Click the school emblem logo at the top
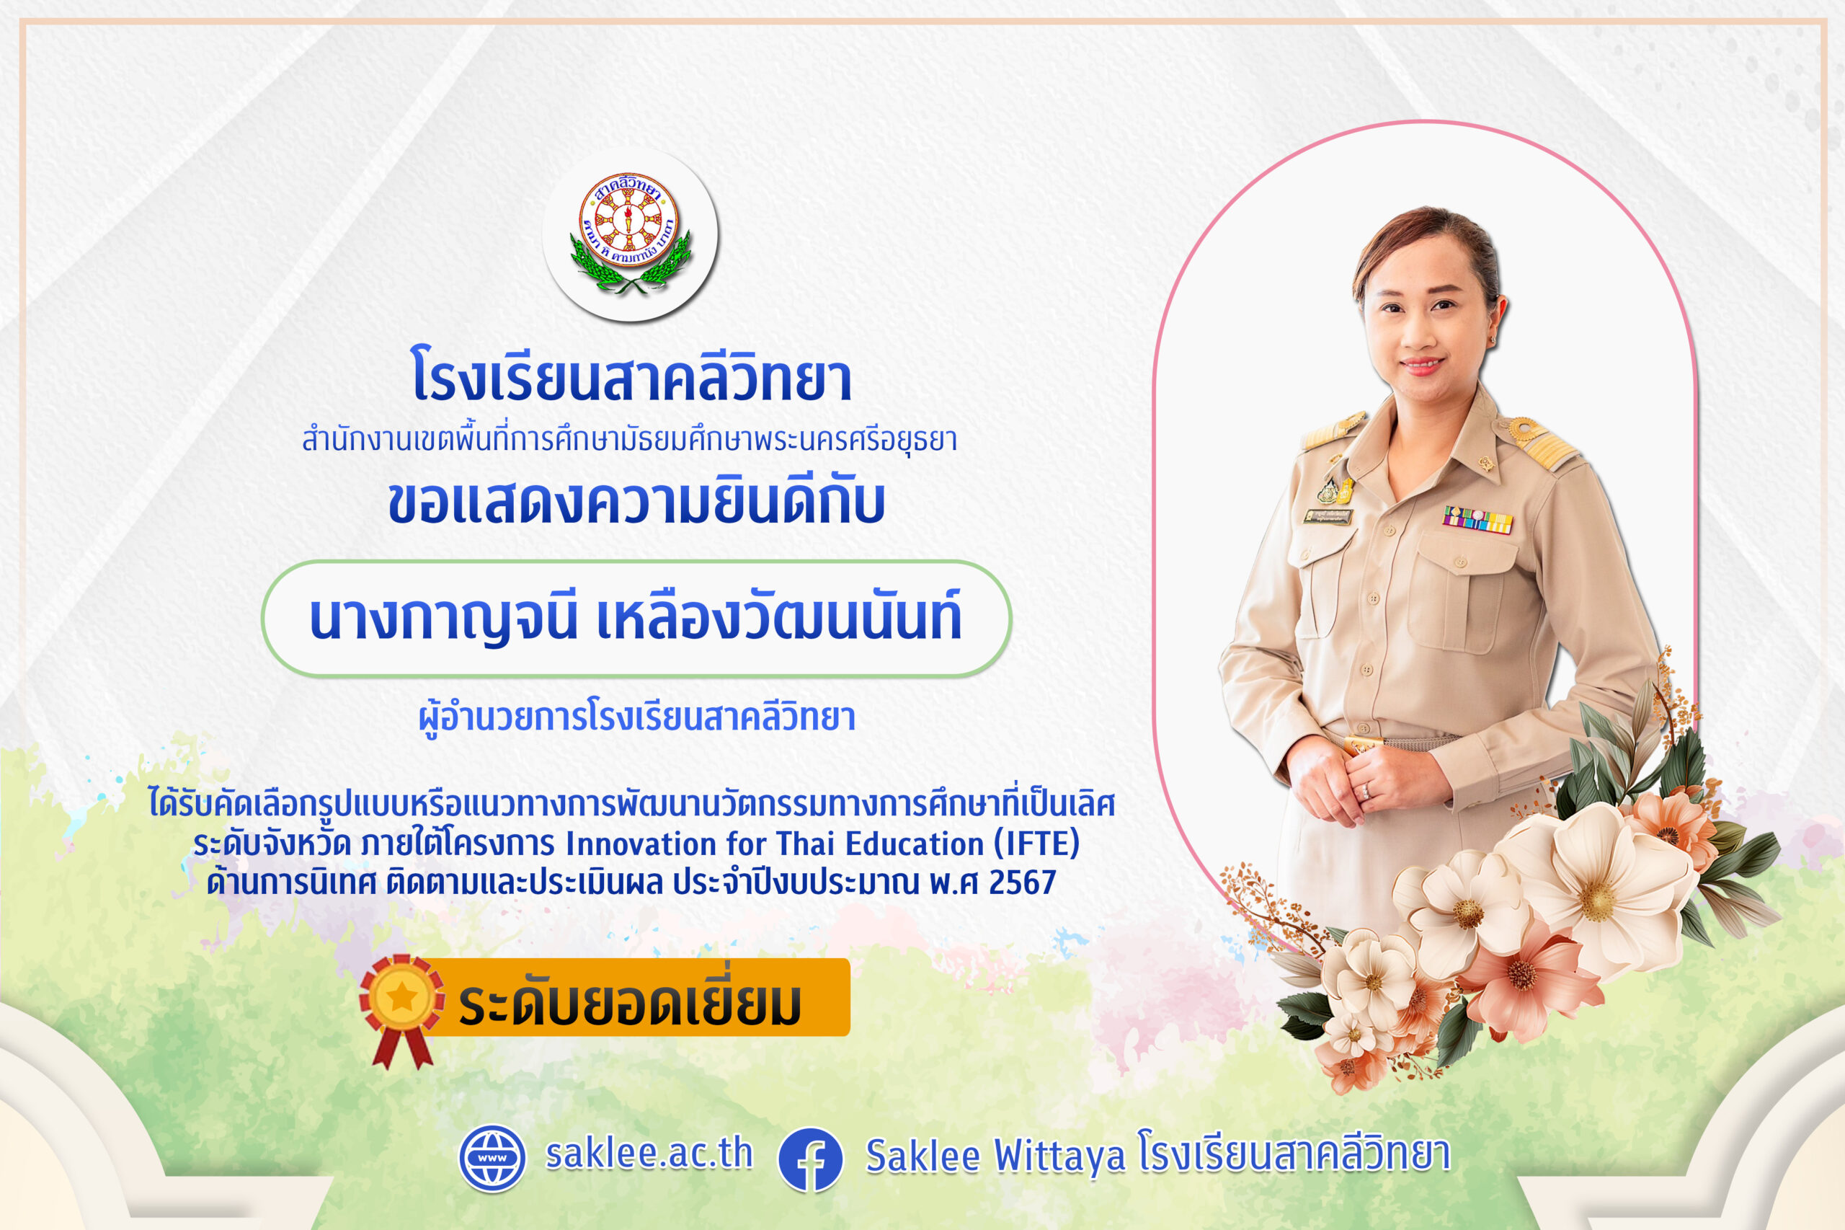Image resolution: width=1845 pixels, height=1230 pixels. [630, 234]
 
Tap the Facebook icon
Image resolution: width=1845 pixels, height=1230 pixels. [810, 1159]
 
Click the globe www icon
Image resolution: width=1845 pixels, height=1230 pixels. [492, 1159]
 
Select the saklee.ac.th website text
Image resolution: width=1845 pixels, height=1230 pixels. [649, 1154]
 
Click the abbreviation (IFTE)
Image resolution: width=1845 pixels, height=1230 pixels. [1036, 844]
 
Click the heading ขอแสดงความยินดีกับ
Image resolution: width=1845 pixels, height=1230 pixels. [636, 502]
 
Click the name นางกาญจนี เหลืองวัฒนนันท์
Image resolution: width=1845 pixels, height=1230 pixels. [635, 618]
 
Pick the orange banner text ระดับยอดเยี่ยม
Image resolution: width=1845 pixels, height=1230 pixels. [630, 1001]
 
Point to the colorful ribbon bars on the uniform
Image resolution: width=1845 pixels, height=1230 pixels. [1477, 519]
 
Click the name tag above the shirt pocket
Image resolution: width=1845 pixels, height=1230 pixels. [1328, 516]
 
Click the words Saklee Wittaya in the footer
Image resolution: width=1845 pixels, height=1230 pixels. [995, 1156]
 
